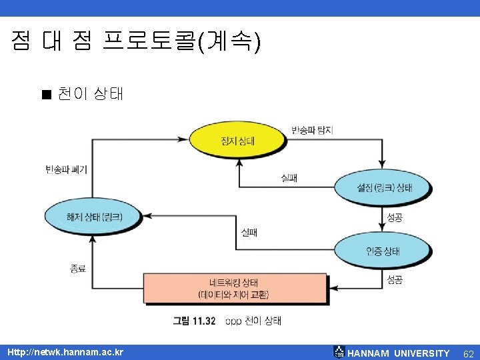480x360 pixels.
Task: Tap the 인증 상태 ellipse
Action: (x=383, y=250)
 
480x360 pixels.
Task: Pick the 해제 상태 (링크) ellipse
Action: (x=93, y=216)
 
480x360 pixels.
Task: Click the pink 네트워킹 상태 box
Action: (x=234, y=287)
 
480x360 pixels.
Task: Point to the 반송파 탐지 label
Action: (x=311, y=130)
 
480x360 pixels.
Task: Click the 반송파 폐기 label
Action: (x=66, y=169)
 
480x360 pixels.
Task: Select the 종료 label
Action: (x=77, y=268)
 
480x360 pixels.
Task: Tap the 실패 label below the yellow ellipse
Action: (x=289, y=178)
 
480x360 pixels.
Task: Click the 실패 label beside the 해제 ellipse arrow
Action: (x=249, y=232)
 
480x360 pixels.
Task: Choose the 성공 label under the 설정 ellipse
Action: (x=395, y=218)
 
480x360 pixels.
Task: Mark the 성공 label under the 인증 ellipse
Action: (x=395, y=280)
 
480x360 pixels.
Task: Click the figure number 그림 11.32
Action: (x=194, y=321)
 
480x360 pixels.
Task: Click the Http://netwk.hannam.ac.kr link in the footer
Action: (x=65, y=352)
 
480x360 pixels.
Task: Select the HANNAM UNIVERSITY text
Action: (x=399, y=353)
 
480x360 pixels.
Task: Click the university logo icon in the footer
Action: (x=339, y=353)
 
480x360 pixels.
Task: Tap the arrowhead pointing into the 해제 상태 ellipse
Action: (x=148, y=216)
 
